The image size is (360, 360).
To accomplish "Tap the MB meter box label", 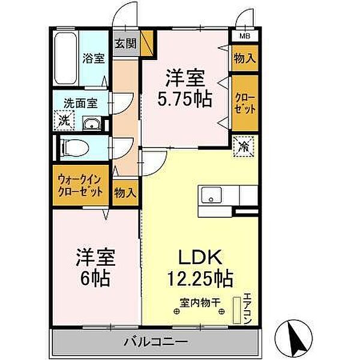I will click(245, 35).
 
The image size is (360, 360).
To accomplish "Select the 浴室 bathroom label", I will click(92, 59).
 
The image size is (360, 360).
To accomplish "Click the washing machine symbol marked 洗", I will click(64, 121).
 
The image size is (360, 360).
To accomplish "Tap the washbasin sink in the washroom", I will click(91, 124).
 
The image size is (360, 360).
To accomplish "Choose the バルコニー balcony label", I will click(155, 342).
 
